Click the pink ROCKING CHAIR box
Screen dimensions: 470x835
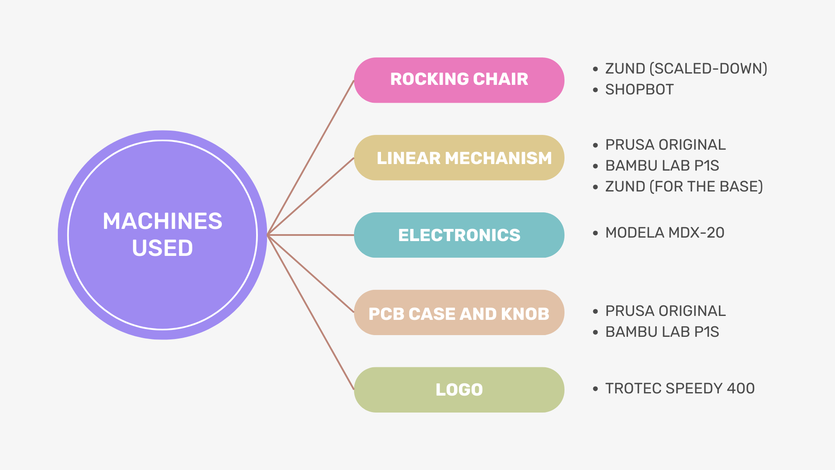pyautogui.click(x=459, y=80)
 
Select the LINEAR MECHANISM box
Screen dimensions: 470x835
pyautogui.click(x=459, y=158)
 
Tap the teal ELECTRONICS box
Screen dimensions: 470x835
pyautogui.click(x=459, y=235)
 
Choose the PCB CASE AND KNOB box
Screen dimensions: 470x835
pyautogui.click(x=459, y=312)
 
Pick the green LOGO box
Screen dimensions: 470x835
pyautogui.click(x=459, y=389)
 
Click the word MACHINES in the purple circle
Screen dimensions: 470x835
pyautogui.click(x=162, y=221)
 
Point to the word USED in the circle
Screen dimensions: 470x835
pyautogui.click(x=162, y=248)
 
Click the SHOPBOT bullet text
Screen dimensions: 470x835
pyautogui.click(x=639, y=90)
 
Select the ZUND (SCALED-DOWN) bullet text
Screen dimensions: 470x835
pyautogui.click(x=686, y=69)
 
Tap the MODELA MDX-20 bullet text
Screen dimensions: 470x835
pyautogui.click(x=665, y=233)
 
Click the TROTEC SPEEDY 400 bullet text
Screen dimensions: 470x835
pyautogui.click(x=680, y=388)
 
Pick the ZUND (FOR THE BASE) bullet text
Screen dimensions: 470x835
pyautogui.click(x=684, y=186)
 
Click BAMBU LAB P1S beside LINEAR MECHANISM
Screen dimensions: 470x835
pyautogui.click(x=662, y=166)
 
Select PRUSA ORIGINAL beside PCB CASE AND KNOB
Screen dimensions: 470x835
pyautogui.click(x=665, y=311)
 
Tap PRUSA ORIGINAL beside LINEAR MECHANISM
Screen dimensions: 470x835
pyautogui.click(x=665, y=145)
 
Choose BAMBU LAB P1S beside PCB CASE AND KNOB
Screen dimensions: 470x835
pyautogui.click(x=662, y=332)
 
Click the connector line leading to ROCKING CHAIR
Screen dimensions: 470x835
pyautogui.click(x=311, y=158)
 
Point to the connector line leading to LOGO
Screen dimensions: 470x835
pyautogui.click(x=311, y=312)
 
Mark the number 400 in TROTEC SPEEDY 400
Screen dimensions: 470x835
pyautogui.click(x=741, y=388)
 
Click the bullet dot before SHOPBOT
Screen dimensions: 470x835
pyautogui.click(x=595, y=90)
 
